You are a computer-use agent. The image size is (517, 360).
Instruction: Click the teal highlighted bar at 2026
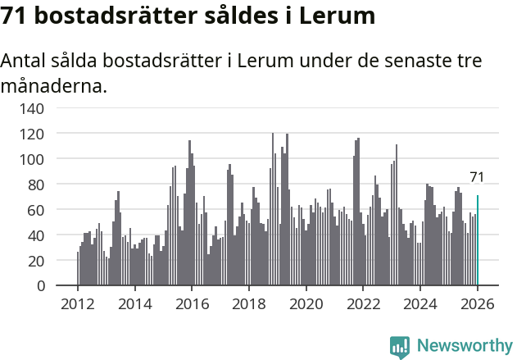point(478,240)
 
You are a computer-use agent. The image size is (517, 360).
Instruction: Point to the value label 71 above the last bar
point(477,177)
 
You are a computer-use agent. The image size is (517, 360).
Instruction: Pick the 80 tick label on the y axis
point(35,185)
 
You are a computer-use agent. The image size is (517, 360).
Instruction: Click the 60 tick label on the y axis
point(35,210)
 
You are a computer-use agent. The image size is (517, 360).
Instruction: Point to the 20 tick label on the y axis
point(35,261)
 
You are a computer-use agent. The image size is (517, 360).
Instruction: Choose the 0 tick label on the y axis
point(39,286)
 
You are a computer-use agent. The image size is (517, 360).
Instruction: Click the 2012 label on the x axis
point(78,304)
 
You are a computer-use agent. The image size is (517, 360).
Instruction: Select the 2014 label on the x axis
point(135,304)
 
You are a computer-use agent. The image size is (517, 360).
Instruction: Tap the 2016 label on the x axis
point(192,304)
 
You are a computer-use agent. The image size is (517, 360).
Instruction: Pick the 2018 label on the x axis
point(249,304)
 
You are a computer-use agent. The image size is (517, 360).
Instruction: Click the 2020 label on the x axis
point(306,304)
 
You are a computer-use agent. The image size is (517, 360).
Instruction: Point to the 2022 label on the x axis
point(363,304)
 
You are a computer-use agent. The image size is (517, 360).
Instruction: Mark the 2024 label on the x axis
point(420,304)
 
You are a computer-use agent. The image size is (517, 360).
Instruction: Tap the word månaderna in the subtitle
point(54,84)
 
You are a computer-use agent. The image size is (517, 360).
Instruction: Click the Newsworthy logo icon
point(400,347)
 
